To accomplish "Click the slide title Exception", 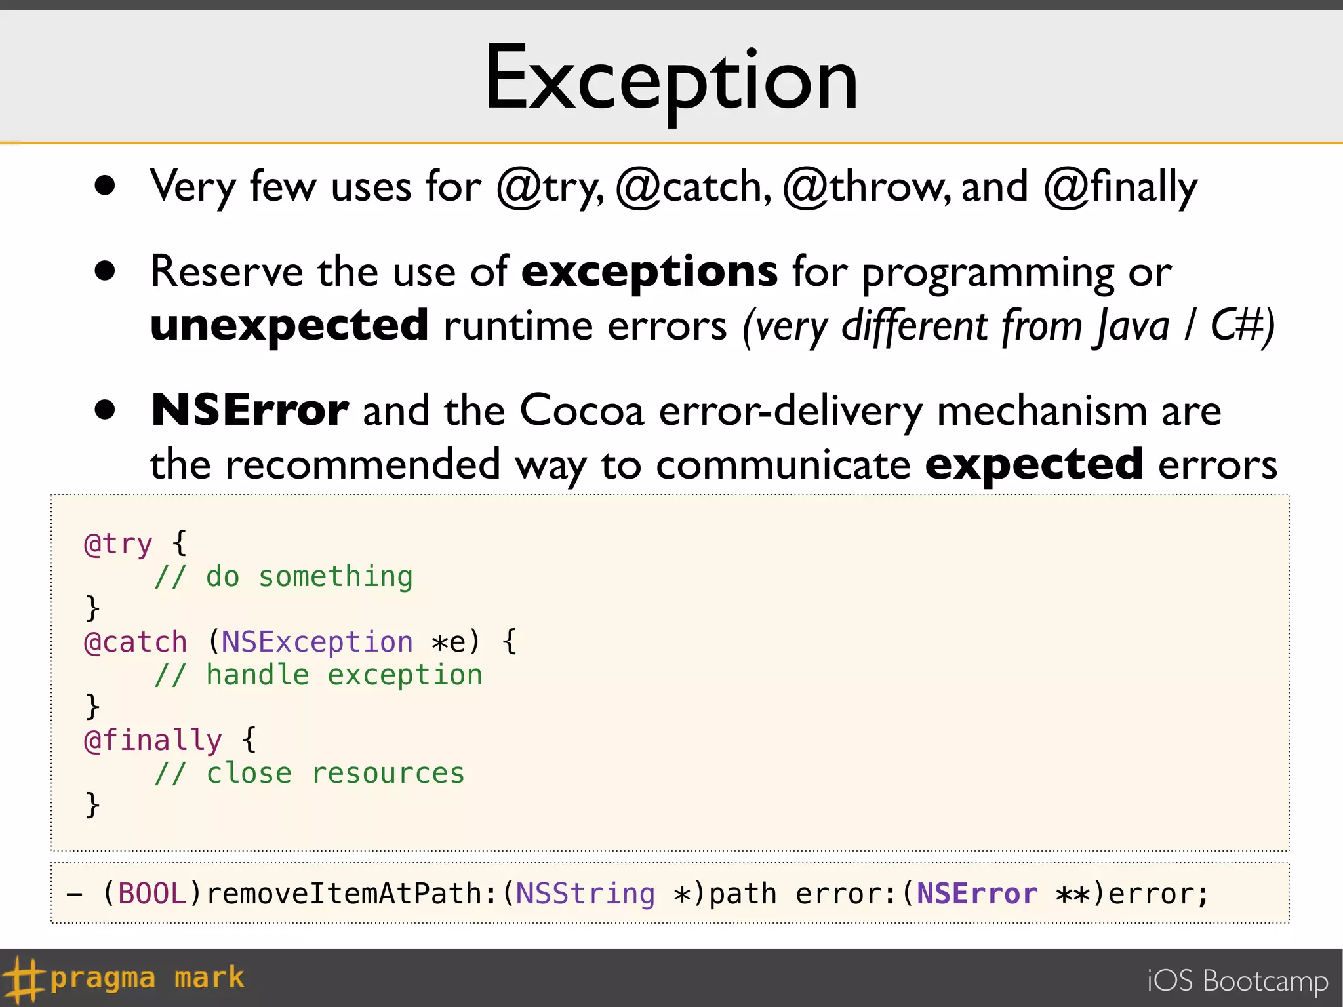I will click(x=671, y=79).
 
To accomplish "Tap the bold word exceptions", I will click(x=649, y=272).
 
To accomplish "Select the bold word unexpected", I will click(x=289, y=326).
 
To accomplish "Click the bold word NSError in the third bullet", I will click(x=250, y=411).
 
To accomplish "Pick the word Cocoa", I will click(x=582, y=411).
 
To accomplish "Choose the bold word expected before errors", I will click(x=1034, y=464).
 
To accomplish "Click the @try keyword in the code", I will click(x=118, y=544).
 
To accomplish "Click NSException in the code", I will click(x=317, y=642).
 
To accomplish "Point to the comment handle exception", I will click(x=318, y=675).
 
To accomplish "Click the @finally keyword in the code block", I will click(x=153, y=741).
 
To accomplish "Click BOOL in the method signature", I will click(x=152, y=894).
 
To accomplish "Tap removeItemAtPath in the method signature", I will click(x=345, y=894).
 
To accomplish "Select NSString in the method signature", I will click(x=585, y=894).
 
